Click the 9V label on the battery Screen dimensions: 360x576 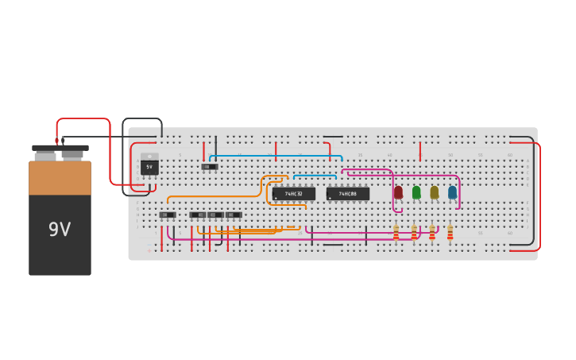coord(60,230)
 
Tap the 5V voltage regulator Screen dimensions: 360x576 coord(149,167)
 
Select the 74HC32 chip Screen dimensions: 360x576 coord(293,194)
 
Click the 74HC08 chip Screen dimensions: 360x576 coord(348,194)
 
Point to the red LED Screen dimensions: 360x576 coord(398,192)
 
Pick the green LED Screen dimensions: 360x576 coord(416,192)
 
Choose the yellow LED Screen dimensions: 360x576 coord(434,192)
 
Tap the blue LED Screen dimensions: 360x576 coord(452,192)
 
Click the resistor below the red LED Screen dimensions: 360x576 coord(396,232)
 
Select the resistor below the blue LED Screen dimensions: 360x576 coord(450,232)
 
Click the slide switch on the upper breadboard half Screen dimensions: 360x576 coord(209,167)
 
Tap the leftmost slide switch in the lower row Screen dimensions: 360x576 coord(168,215)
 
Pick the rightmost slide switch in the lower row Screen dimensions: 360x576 coord(234,215)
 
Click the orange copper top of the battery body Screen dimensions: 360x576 coord(60,178)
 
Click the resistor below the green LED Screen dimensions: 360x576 coord(414,232)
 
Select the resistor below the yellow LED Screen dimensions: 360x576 coord(432,232)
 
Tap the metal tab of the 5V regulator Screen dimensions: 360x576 coord(149,157)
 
